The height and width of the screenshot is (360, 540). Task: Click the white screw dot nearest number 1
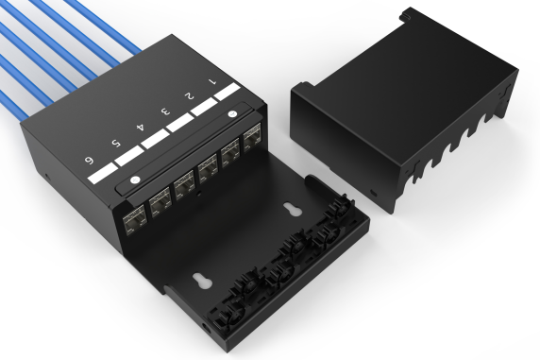(232, 116)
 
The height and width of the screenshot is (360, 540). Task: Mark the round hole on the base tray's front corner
(205, 327)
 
